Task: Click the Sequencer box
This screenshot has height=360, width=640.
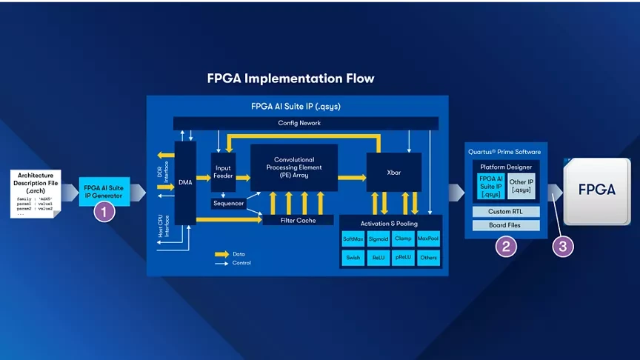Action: tap(228, 203)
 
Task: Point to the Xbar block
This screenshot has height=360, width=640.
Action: tap(393, 172)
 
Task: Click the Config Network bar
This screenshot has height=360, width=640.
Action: tap(299, 123)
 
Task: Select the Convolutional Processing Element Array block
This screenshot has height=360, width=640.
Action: tap(293, 168)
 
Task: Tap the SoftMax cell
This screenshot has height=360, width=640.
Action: tap(353, 239)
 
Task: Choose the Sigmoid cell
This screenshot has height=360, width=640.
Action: tap(378, 239)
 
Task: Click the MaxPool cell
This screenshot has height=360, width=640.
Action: tap(427, 239)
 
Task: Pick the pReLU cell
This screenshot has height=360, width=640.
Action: tap(403, 258)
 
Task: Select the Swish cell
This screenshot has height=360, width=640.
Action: tap(353, 258)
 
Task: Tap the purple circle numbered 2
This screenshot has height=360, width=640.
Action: tap(506, 247)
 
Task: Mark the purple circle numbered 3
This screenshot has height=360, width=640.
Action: tap(562, 247)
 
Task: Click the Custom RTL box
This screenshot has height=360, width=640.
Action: tap(506, 212)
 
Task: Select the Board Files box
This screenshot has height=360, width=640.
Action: tap(506, 225)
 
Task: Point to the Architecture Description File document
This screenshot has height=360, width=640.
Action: tap(35, 193)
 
